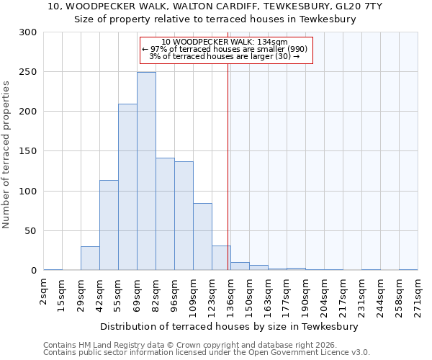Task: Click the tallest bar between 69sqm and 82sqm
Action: pyautogui.click(x=146, y=171)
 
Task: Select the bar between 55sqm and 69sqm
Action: pyautogui.click(x=127, y=187)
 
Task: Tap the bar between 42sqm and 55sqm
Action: pyautogui.click(x=109, y=225)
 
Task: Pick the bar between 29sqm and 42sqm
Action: pyautogui.click(x=90, y=258)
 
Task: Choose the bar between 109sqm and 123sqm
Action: pyautogui.click(x=202, y=237)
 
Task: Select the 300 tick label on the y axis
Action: pyautogui.click(x=28, y=32)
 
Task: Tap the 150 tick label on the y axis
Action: pyautogui.click(x=28, y=152)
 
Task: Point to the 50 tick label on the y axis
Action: pyautogui.click(x=31, y=231)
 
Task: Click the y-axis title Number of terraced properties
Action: pyautogui.click(x=7, y=154)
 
